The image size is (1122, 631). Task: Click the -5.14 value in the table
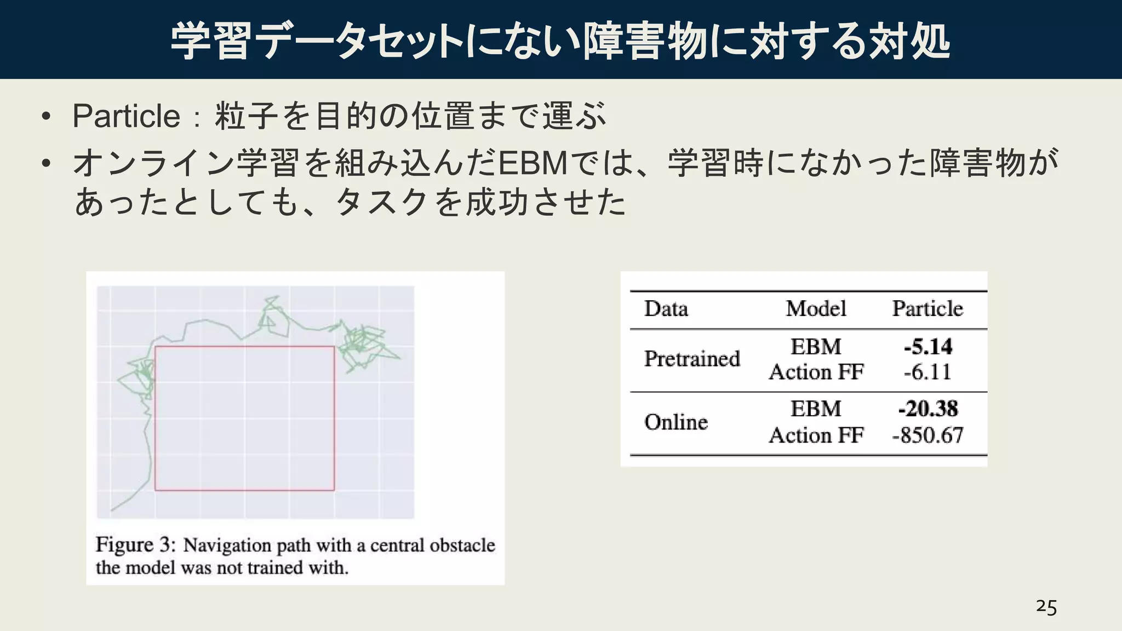click(x=928, y=347)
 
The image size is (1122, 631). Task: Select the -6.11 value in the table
click(x=928, y=372)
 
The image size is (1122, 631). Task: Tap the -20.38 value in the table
click(x=928, y=409)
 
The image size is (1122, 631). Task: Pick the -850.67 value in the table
click(x=928, y=435)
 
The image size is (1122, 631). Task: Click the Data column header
click(x=666, y=309)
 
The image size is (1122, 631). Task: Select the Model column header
click(x=816, y=309)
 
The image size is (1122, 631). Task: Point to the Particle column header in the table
click(x=928, y=309)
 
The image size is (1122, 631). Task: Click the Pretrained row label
click(x=692, y=359)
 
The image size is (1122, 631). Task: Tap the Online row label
click(x=676, y=422)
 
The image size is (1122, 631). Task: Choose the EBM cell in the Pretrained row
click(x=816, y=347)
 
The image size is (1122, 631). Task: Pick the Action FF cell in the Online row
click(x=816, y=435)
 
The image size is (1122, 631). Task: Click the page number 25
click(x=1046, y=607)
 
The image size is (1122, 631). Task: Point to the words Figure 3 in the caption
click(x=135, y=545)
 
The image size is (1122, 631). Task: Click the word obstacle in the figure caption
click(x=462, y=546)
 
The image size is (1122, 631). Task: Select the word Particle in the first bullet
click(x=127, y=116)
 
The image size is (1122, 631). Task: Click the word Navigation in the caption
click(x=227, y=546)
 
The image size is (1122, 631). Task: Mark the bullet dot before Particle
click(x=46, y=116)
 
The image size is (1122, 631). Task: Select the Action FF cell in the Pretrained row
click(x=816, y=372)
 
